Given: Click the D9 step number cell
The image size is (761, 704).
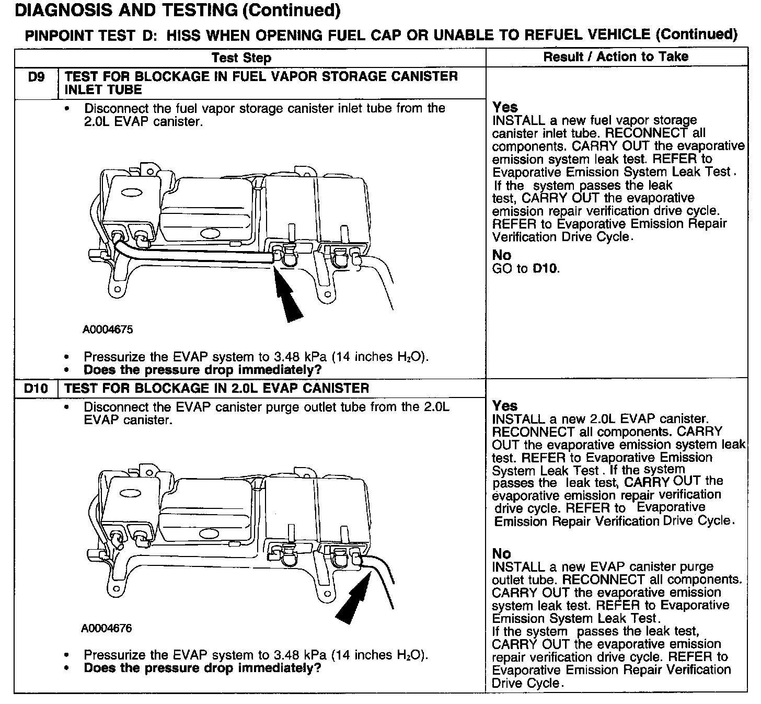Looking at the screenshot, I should pos(36,77).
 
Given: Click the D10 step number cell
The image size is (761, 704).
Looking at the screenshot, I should pos(36,388).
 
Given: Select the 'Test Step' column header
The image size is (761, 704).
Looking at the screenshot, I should pos(241,58).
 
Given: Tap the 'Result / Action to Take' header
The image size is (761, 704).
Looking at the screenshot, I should pos(616,57).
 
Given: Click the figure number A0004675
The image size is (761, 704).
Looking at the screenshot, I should pos(108,330).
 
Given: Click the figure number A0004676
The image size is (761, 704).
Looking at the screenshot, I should pos(107,628).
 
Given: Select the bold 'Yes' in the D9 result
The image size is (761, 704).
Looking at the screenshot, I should pos(505,107).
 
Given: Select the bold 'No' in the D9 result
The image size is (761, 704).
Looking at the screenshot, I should pos(502,255).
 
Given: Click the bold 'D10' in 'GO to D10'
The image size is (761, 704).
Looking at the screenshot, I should pos(545,269).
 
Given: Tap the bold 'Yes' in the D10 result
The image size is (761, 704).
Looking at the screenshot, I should pos(505,406).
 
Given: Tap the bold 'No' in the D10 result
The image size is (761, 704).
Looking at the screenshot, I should pos(502,553).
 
